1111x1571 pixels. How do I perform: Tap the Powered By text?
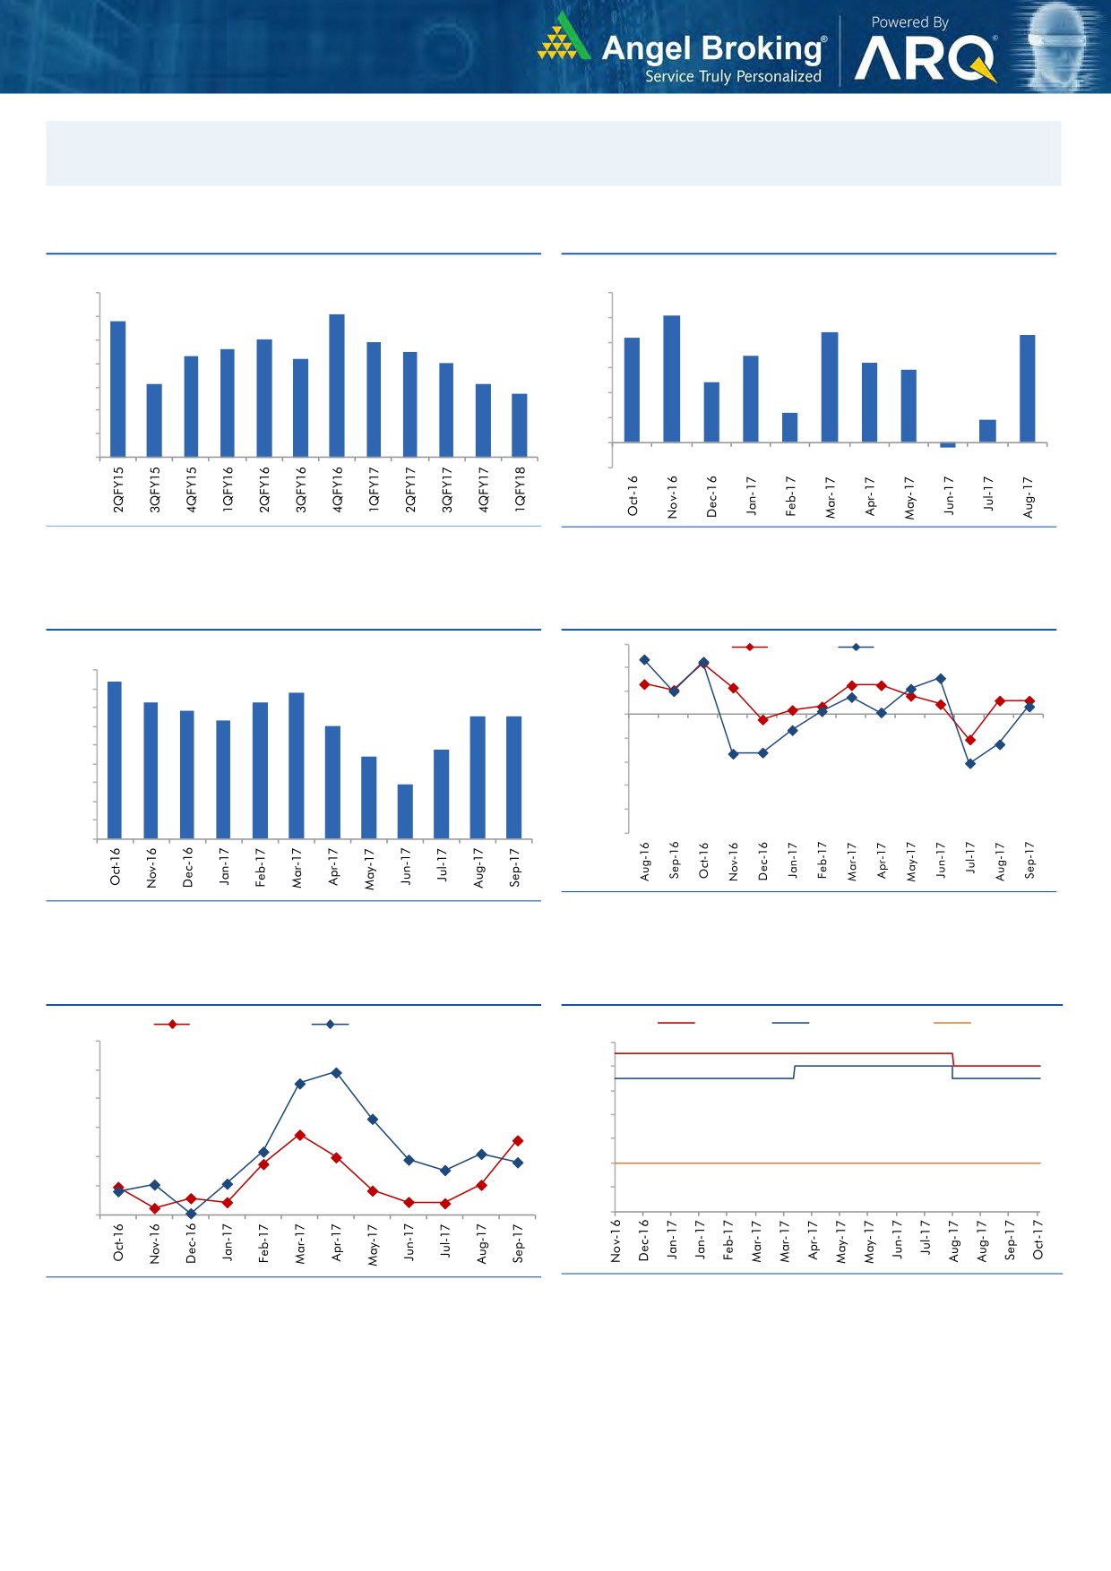pyautogui.click(x=909, y=22)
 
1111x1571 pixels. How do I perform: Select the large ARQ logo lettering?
pyautogui.click(x=924, y=59)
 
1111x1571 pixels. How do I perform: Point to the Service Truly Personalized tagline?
pyautogui.click(x=733, y=77)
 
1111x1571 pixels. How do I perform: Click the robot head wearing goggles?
pyautogui.click(x=1059, y=45)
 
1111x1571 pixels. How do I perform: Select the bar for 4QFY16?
pyautogui.click(x=337, y=385)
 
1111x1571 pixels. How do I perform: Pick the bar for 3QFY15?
pyautogui.click(x=154, y=420)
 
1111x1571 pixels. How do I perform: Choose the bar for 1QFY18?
pyautogui.click(x=520, y=425)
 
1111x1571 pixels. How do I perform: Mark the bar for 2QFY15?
pyautogui.click(x=117, y=389)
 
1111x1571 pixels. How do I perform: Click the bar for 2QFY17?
pyautogui.click(x=410, y=404)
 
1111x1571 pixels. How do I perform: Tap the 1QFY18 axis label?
pyautogui.click(x=521, y=489)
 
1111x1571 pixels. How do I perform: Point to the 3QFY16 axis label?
pyautogui.click(x=301, y=489)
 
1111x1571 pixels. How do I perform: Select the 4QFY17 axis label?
pyautogui.click(x=484, y=489)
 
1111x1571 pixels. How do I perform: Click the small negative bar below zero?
pyautogui.click(x=948, y=445)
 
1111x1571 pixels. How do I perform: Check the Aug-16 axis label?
pyautogui.click(x=645, y=861)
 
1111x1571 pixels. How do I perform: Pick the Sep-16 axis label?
pyautogui.click(x=675, y=860)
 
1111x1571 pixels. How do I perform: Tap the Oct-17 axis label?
pyautogui.click(x=1038, y=1240)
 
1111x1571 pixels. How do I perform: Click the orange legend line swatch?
pyautogui.click(x=952, y=1023)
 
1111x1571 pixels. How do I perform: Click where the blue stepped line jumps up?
pyautogui.click(x=795, y=1072)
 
